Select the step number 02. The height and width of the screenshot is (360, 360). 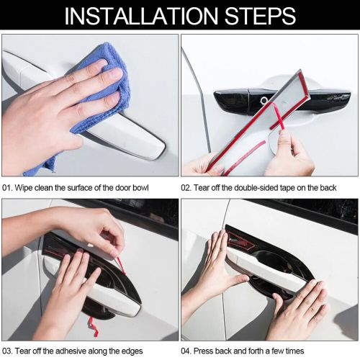pyautogui.click(x=186, y=187)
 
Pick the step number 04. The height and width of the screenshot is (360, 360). pyautogui.click(x=186, y=350)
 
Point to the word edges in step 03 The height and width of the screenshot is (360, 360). pyautogui.click(x=135, y=350)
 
